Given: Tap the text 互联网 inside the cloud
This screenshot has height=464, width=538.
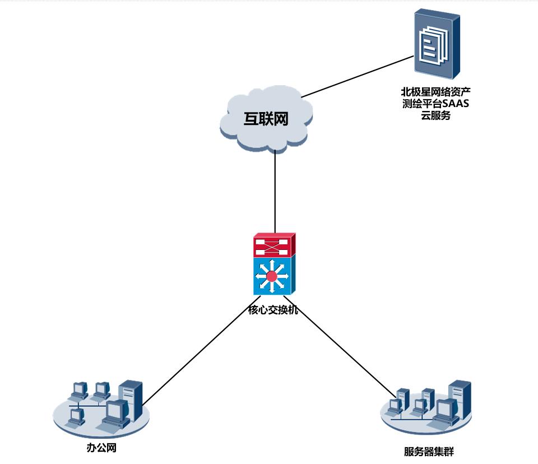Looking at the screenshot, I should point(265,119).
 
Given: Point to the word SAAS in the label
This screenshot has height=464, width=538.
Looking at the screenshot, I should point(455,103).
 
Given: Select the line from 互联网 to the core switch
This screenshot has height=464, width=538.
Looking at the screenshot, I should point(275,191).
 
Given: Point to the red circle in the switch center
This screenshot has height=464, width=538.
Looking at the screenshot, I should point(272,276).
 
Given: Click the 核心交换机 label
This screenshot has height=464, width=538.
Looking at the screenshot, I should point(273,309).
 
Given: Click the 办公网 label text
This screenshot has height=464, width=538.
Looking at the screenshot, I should point(101,448).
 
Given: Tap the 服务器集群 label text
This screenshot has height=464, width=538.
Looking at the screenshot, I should point(429,452).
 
